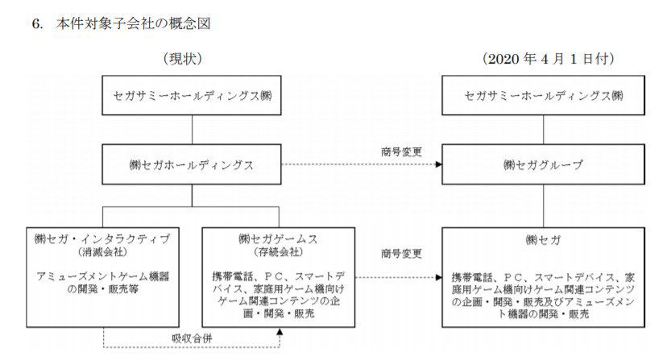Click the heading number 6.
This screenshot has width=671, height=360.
coord(37,23)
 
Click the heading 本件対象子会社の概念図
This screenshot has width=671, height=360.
coord(134,23)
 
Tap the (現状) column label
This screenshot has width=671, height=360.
coord(183,59)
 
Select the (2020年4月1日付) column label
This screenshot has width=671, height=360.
coord(549,59)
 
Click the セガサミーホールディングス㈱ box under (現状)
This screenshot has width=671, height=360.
coord(191,96)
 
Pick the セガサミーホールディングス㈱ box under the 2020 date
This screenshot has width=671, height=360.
coord(543,96)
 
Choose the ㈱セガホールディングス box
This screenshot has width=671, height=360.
coord(191,164)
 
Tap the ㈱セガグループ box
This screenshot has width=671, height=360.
coord(543,164)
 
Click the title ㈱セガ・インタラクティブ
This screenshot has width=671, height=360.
coord(102,239)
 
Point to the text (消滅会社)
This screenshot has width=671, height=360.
coord(103,252)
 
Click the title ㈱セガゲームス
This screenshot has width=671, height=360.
coord(278,239)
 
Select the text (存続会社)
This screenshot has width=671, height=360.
coord(278,252)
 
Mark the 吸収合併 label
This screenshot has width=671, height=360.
coord(192,338)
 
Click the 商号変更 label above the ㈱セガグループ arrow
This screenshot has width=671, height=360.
coord(401,151)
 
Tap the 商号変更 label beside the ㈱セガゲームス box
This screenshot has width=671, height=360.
coord(401,254)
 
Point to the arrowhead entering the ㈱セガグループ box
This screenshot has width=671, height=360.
coord(439,164)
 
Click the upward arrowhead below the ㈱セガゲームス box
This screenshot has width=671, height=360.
coord(280,331)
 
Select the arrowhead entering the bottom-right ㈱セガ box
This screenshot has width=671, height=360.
coord(439,277)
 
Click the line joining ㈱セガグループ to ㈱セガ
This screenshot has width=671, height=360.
coord(544,206)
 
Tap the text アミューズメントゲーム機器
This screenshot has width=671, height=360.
coord(103,276)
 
